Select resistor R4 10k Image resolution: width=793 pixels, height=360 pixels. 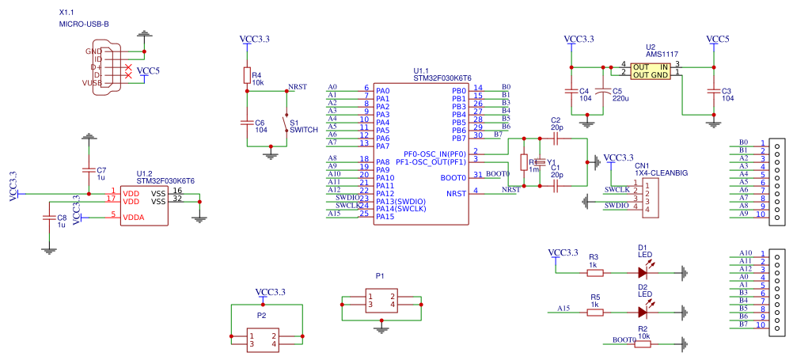pos(247,75)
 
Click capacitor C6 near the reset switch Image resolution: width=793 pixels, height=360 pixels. pos(247,122)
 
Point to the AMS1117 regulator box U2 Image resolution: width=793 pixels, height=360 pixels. pos(650,70)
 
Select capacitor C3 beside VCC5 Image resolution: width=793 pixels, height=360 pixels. pos(714,91)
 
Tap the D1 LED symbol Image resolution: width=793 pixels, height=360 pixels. pos(642,272)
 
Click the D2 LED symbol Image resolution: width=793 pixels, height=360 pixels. pos(642,312)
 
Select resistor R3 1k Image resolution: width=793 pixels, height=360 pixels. pos(594,272)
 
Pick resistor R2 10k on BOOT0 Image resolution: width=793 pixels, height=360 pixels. pos(643,343)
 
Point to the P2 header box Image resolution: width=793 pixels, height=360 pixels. pos(263,341)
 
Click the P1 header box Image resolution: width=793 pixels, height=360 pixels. pos(381,301)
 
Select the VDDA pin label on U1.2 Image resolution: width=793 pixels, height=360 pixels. pos(133,215)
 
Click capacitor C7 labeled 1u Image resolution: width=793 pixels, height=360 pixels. pos(88,170)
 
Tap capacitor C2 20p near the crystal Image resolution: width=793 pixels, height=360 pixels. pos(556,138)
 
